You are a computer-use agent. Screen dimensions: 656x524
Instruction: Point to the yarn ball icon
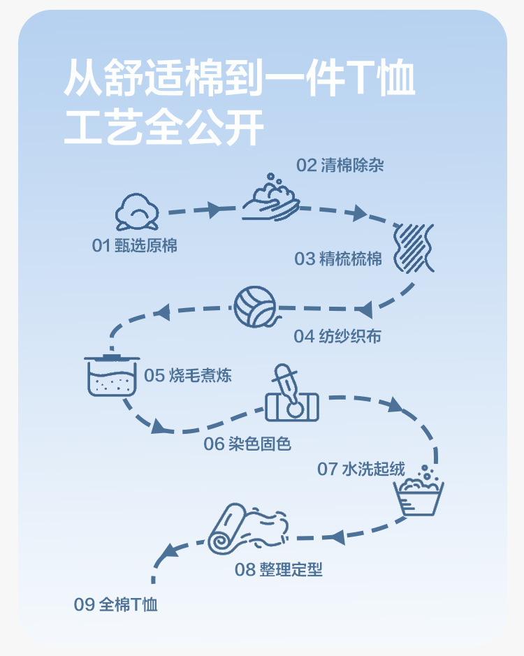(x=255, y=307)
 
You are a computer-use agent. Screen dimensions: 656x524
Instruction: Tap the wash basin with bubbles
(x=420, y=491)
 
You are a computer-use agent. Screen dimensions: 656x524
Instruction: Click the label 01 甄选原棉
(x=135, y=246)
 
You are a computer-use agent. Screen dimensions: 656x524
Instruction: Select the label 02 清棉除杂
(x=340, y=166)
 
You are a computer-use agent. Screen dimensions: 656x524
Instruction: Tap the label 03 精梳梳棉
(x=338, y=258)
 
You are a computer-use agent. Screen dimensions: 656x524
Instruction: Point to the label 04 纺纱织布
(x=337, y=336)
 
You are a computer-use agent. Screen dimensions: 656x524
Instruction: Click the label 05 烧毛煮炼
(x=188, y=375)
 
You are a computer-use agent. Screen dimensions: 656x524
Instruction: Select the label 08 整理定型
(x=279, y=569)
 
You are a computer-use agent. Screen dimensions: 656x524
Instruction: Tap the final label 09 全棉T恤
(x=116, y=604)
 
